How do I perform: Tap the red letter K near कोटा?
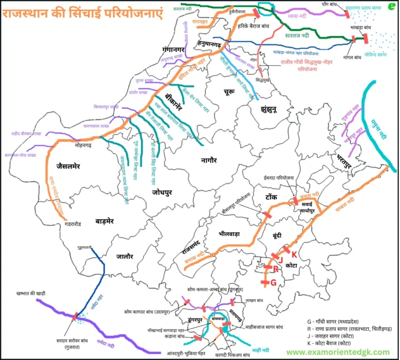(x=294, y=254)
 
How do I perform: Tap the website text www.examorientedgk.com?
(x=337, y=352)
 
